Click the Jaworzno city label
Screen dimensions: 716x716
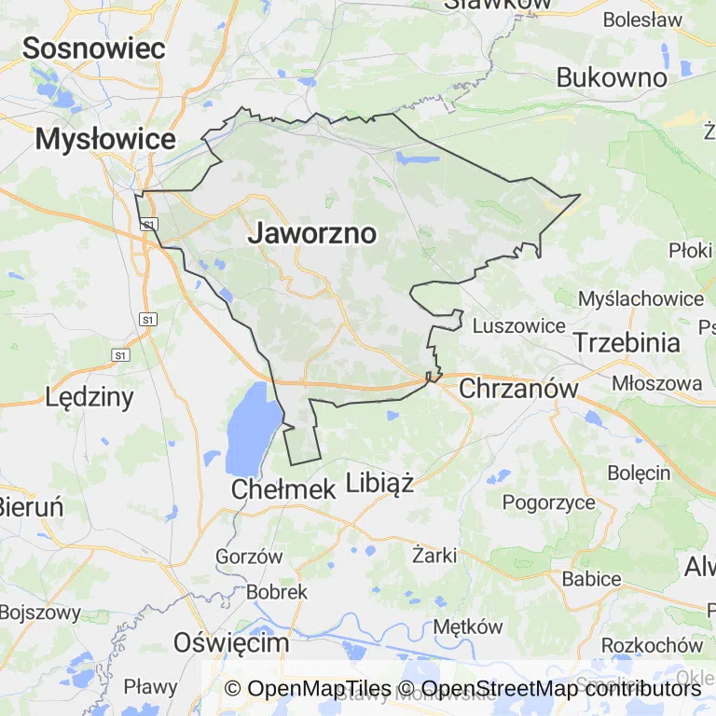click(x=311, y=234)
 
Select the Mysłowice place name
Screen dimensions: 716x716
click(x=105, y=140)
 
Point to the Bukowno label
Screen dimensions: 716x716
click(x=612, y=77)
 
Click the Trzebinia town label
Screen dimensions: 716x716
click(x=626, y=342)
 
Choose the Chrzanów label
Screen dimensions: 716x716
click(x=518, y=388)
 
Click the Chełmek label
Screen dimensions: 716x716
click(x=282, y=489)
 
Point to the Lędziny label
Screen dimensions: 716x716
click(x=89, y=397)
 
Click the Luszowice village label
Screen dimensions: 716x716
click(x=519, y=325)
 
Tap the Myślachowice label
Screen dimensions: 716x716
click(x=640, y=298)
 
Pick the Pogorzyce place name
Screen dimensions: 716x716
click(x=549, y=503)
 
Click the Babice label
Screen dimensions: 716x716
click(x=591, y=579)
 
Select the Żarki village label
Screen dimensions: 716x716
click(x=434, y=556)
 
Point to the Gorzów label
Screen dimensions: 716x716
click(x=249, y=556)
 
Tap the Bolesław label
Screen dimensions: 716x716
click(x=642, y=19)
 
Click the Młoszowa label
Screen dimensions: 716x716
click(x=656, y=383)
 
